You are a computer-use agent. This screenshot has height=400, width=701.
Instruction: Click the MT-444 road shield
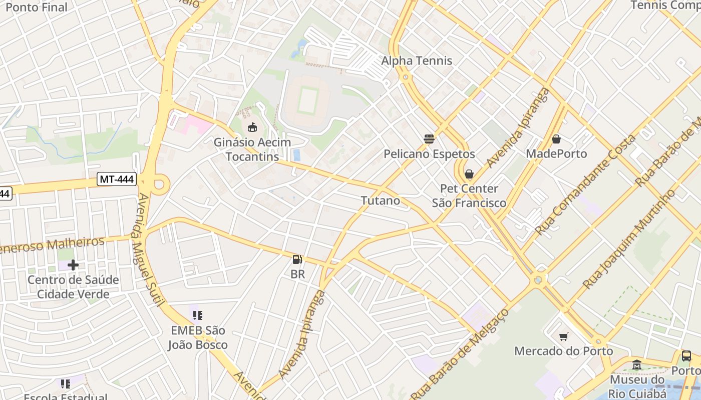pyautogui.click(x=117, y=179)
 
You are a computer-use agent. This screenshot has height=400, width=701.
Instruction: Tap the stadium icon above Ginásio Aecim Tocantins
pyautogui.click(x=252, y=127)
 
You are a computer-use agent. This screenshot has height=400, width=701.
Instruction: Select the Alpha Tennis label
pyautogui.click(x=417, y=61)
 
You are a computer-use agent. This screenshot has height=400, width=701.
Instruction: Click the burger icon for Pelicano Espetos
pyautogui.click(x=429, y=139)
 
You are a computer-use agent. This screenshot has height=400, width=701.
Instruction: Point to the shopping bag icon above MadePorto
pyautogui.click(x=556, y=139)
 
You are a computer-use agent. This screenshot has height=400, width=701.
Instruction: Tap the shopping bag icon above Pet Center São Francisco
pyautogui.click(x=469, y=174)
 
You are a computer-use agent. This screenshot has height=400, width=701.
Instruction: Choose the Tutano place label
pyautogui.click(x=381, y=200)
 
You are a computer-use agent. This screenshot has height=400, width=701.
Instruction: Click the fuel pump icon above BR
pyautogui.click(x=297, y=259)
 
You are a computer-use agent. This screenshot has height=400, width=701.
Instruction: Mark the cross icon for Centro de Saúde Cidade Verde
pyautogui.click(x=73, y=264)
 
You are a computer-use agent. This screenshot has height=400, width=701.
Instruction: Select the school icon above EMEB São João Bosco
pyautogui.click(x=198, y=315)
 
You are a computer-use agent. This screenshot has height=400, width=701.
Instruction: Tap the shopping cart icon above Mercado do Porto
pyautogui.click(x=564, y=336)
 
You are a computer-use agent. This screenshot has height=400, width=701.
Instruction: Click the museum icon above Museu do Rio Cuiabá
pyautogui.click(x=637, y=365)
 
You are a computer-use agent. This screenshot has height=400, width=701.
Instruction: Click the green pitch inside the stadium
pyautogui.click(x=308, y=99)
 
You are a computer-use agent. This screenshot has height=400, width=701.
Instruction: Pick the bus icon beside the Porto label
pyautogui.click(x=686, y=356)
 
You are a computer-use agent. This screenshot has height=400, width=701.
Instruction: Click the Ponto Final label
pyautogui.click(x=36, y=7)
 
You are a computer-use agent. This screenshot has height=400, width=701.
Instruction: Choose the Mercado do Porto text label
pyautogui.click(x=563, y=351)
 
